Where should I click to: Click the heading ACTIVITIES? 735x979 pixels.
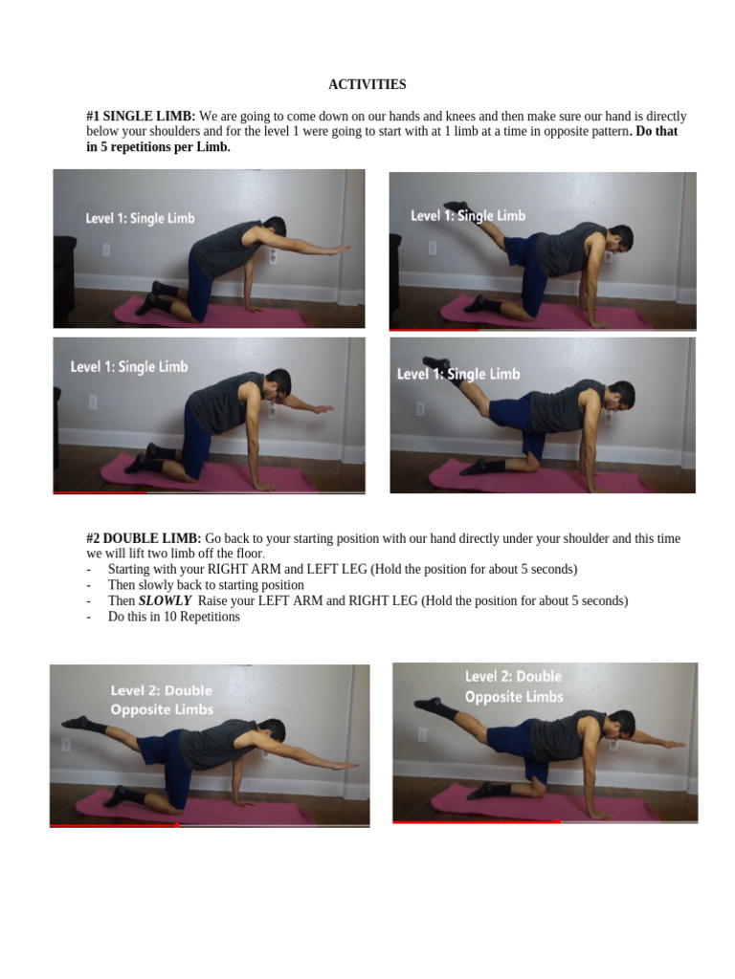(367, 85)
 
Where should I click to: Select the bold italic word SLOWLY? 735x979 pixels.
(166, 601)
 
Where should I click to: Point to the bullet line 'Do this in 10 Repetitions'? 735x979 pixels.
(173, 618)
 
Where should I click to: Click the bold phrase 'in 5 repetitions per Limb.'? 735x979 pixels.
(158, 148)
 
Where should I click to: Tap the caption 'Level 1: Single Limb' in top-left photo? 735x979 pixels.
(140, 218)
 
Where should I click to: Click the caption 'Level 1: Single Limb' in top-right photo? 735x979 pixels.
(468, 216)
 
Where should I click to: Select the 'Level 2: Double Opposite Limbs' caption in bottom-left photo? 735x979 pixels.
(162, 700)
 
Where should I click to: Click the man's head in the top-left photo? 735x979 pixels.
(274, 228)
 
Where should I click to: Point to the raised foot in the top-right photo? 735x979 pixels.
(456, 207)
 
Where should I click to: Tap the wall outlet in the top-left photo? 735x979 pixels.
(106, 250)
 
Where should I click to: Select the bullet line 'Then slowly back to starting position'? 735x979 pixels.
(206, 585)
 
